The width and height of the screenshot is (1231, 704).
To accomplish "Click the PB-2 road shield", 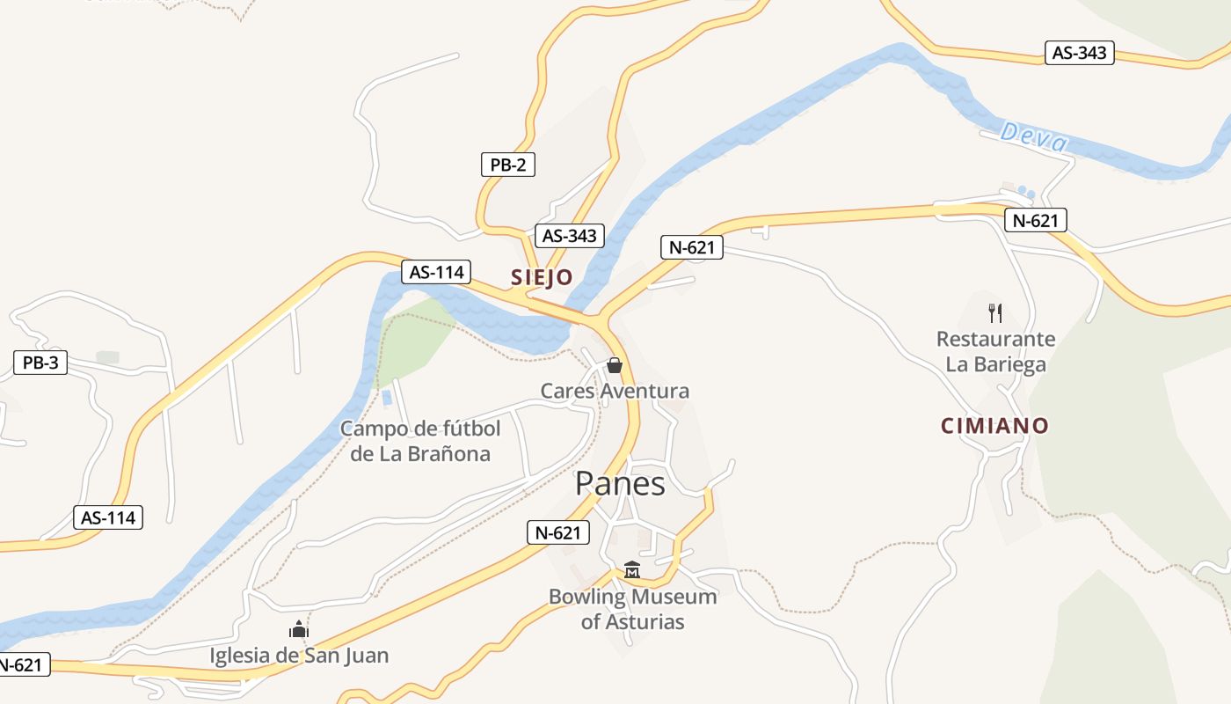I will pos(508,165).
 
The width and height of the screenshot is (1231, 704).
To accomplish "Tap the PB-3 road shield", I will pos(40,363).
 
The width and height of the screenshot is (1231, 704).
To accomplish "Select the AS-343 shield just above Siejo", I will pos(570,236).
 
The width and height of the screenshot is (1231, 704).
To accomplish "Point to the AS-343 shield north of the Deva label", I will pos(1080,53).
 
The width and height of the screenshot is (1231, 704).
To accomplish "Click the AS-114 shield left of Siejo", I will pos(436,272).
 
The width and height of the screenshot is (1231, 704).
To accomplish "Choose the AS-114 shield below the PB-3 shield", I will pos(108,517).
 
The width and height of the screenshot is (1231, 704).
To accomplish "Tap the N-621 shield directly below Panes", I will pos(558,532).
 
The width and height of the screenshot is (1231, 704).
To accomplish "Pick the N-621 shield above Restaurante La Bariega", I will pos(1036,220).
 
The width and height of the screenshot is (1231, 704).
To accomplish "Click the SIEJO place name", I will pos(542,277).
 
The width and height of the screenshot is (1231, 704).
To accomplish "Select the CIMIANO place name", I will pos(995,426).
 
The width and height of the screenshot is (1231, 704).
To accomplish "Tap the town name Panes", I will pos(620,483).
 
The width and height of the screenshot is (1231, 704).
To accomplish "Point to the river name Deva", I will pos(1034,137).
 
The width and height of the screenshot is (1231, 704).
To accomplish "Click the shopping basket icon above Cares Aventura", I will pos(615,364).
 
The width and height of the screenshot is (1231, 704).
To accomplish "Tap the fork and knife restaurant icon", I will pos(995,312).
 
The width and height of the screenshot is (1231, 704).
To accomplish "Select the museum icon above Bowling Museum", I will pos(632,570).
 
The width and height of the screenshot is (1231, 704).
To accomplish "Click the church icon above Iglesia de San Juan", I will pos(299,629).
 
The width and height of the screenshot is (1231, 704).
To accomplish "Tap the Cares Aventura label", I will pos(615,391).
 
